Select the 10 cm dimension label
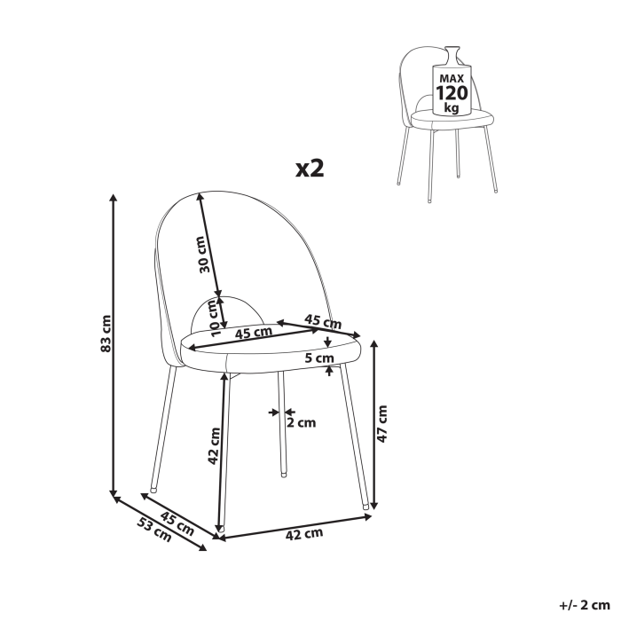pos(213,315)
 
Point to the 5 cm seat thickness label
pos(318,358)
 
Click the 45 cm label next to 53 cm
pos(178,522)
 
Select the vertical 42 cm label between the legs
pos(214,447)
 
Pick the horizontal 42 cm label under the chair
pos(303,534)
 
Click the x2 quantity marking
pos(309,169)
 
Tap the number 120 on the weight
pos(451,93)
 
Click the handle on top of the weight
pos(452,51)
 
